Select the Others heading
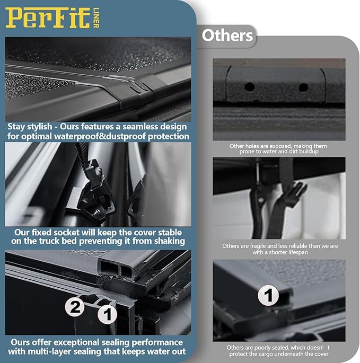[227, 36]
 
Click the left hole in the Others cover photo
[249, 86]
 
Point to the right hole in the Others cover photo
[303, 87]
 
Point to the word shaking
[168, 241]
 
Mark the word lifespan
[295, 253]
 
